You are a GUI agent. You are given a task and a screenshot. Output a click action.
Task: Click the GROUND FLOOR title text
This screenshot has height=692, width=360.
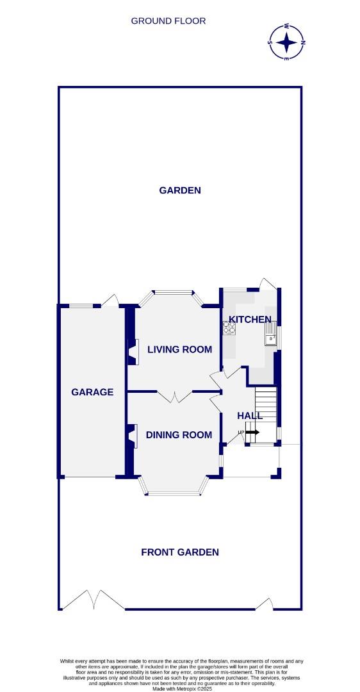coord(168,21)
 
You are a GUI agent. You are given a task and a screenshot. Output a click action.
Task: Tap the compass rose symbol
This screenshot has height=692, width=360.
coord(287,42)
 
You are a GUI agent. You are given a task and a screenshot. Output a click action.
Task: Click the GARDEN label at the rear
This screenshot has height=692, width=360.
coord(180,190)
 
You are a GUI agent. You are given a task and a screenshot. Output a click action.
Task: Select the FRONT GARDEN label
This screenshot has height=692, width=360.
coord(180,552)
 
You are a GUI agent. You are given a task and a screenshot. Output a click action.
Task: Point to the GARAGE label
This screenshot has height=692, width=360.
coord(92,392)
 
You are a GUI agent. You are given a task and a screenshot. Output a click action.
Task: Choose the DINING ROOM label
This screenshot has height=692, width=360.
coord(179,435)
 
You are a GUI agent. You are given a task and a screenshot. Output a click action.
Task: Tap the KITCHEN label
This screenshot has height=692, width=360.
coord(250,319)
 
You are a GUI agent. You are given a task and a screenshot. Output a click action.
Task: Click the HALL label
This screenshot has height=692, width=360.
coord(250,415)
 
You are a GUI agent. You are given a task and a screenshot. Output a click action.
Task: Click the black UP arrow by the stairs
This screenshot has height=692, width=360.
coord(252,432)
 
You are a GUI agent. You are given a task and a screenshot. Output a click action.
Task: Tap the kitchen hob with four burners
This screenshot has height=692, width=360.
coord(229,328)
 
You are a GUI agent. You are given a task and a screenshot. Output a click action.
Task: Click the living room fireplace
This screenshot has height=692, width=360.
coord(133,352)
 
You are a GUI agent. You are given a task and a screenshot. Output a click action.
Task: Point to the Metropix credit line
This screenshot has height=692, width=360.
coord(180,688)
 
